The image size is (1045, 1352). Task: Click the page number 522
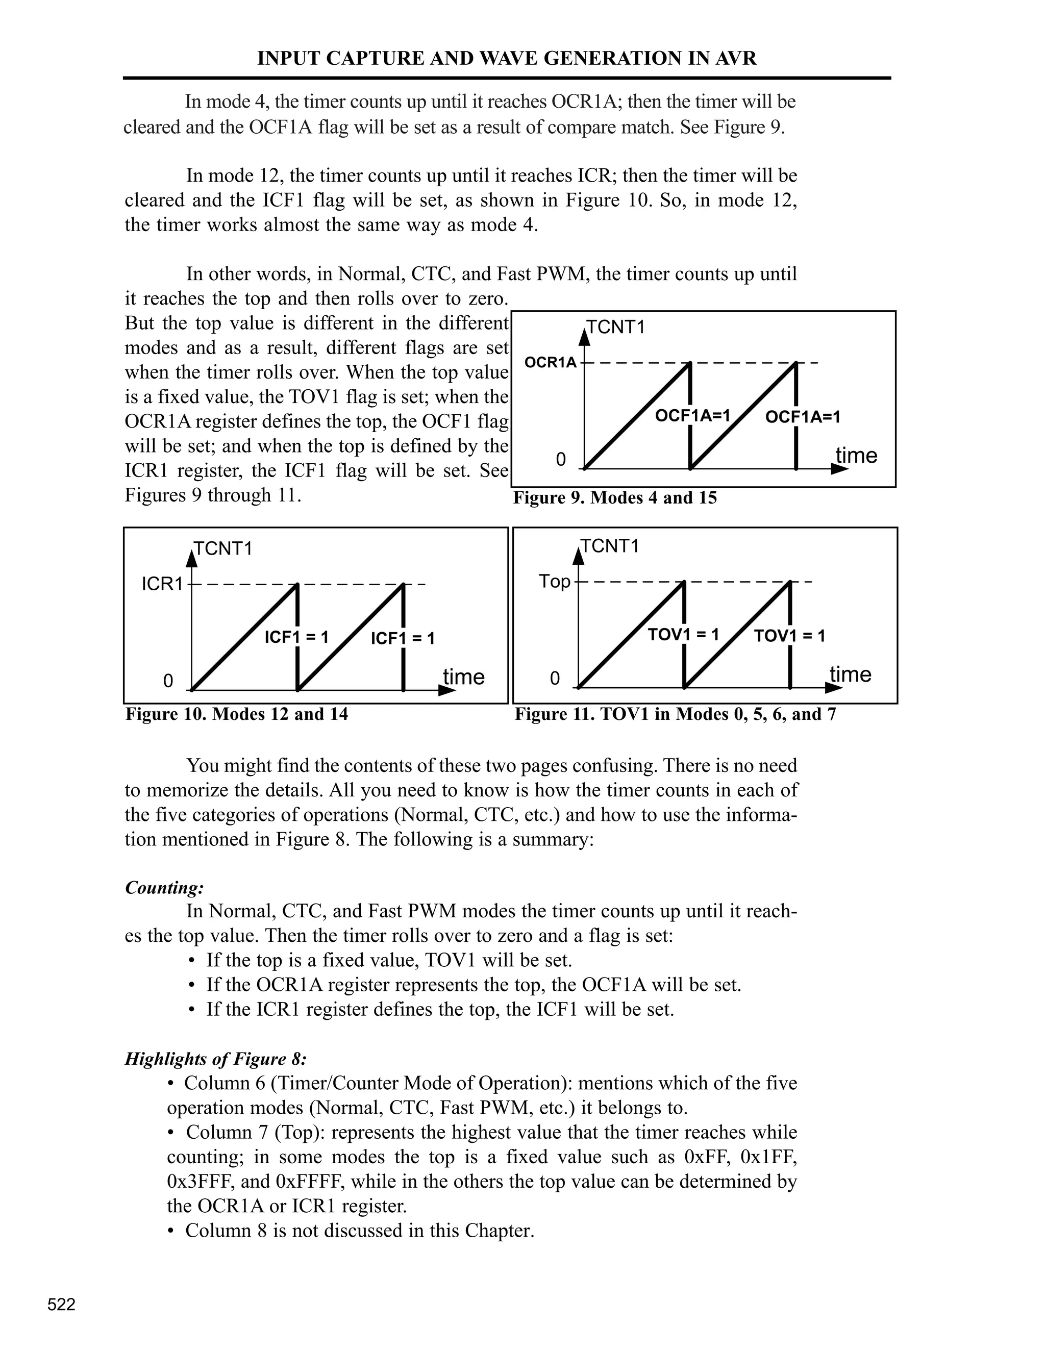(x=61, y=1305)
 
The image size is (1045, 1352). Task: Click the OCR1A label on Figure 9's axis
(x=551, y=363)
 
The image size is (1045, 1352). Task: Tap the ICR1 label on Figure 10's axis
(x=162, y=584)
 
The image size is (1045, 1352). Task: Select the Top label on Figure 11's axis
(x=554, y=581)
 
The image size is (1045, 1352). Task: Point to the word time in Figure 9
(x=856, y=456)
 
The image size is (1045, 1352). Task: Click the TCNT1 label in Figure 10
(x=223, y=549)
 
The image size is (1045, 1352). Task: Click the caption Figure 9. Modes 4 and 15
(x=614, y=498)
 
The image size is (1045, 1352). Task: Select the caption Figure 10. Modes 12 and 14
(x=236, y=714)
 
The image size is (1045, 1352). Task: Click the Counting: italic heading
(x=164, y=888)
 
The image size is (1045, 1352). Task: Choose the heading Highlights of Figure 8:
(x=215, y=1059)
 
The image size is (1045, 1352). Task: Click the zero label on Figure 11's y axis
(x=555, y=679)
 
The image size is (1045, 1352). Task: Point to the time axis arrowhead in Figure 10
(x=446, y=691)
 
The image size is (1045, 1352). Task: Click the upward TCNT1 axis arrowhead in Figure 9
(x=584, y=337)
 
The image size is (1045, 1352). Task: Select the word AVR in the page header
(x=736, y=58)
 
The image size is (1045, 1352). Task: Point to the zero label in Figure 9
(x=560, y=459)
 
